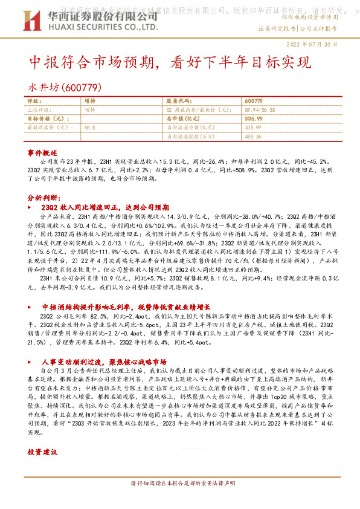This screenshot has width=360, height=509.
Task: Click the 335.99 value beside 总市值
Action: coord(254,119)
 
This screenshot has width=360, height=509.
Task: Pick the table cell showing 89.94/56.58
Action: coord(260,110)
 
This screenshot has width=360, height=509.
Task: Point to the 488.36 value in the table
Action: coord(254,137)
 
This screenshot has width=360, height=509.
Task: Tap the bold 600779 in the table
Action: coord(254,101)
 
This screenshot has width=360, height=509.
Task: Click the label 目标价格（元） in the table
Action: coord(50,119)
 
